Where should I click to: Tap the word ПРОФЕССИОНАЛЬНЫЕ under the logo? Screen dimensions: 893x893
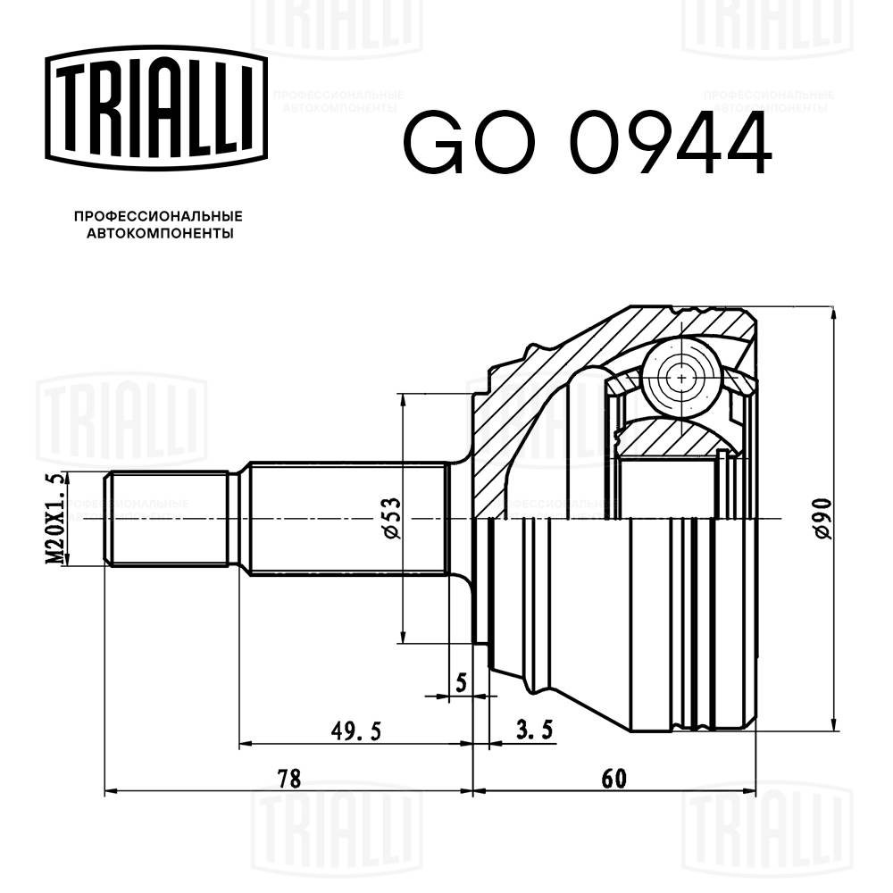pos(158,216)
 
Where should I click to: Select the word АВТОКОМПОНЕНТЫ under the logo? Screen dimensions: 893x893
pos(158,234)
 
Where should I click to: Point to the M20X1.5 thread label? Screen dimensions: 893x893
pos(55,518)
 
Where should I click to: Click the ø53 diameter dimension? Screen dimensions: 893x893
pos(390,519)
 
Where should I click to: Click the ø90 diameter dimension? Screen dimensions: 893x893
pos(822,518)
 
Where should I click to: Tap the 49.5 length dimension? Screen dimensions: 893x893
pos(355,731)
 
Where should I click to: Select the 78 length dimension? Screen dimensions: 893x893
pos(288,778)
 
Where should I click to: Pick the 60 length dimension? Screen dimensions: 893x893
pos(613,778)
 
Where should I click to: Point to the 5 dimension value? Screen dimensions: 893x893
pos(461,682)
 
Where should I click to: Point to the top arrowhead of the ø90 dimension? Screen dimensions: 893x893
pos(832,313)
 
